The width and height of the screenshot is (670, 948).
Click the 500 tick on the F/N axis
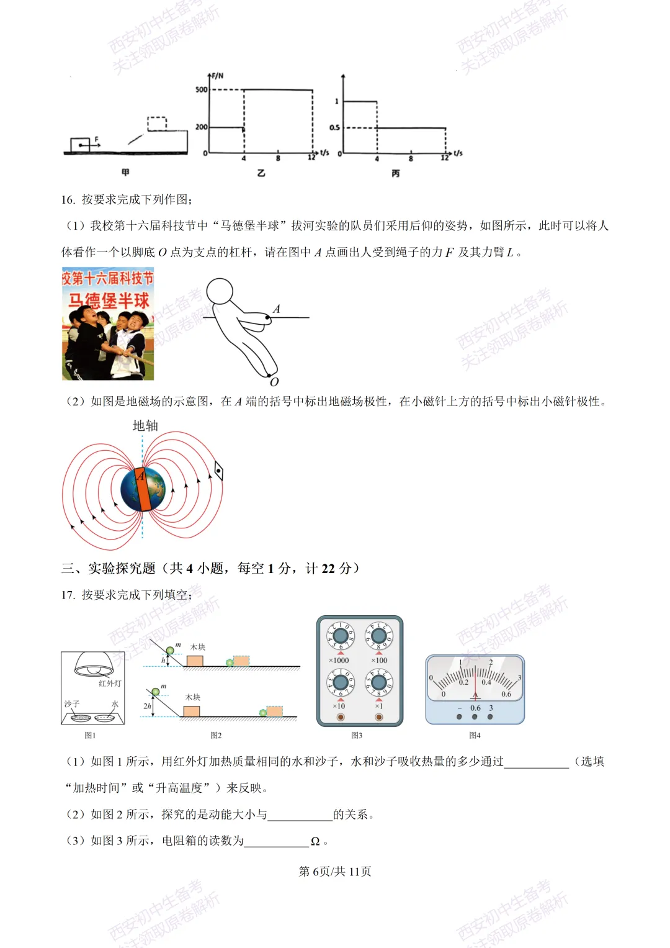pyautogui.click(x=202, y=89)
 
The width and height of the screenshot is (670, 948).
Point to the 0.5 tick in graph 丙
pyautogui.click(x=334, y=128)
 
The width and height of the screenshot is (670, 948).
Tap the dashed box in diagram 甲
pyautogui.click(x=157, y=124)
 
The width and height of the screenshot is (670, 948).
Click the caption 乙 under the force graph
pyautogui.click(x=261, y=173)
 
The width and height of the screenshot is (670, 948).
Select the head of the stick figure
pyautogui.click(x=220, y=291)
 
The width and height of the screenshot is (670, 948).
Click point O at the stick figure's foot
pyautogui.click(x=274, y=382)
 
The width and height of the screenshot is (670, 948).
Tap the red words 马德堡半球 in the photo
pyautogui.click(x=109, y=301)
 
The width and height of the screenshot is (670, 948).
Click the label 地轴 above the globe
pyautogui.click(x=145, y=426)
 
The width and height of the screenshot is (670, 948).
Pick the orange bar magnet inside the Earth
pyautogui.click(x=143, y=489)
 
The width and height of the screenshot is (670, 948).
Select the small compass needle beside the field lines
pyautogui.click(x=218, y=472)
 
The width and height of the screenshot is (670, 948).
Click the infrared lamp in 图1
pyautogui.click(x=94, y=664)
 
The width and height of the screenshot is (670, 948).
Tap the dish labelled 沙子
pyautogui.click(x=80, y=718)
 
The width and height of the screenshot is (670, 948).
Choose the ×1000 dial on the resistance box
pyautogui.click(x=341, y=636)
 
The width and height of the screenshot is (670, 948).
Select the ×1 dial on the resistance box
pyautogui.click(x=379, y=683)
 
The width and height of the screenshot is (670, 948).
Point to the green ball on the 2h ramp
pyautogui.click(x=156, y=692)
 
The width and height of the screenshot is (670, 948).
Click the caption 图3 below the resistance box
pyautogui.click(x=357, y=736)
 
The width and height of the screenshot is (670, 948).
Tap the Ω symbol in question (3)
pyautogui.click(x=315, y=841)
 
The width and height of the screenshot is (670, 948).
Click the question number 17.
pyautogui.click(x=68, y=595)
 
